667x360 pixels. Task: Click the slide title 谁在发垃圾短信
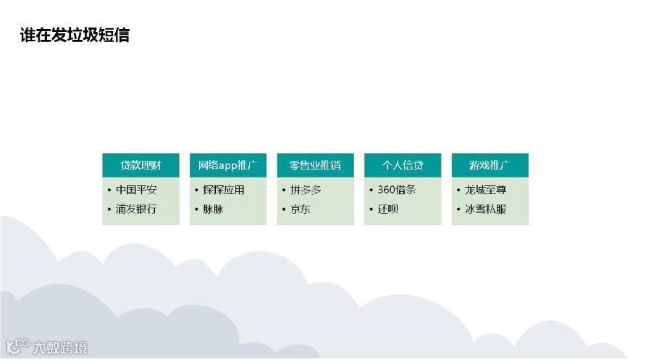pyautogui.click(x=75, y=35)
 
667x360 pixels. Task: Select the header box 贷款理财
pyautogui.click(x=140, y=165)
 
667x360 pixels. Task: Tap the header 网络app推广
pyautogui.click(x=227, y=165)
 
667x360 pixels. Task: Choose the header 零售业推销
pyautogui.click(x=315, y=165)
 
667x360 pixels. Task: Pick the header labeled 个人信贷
pyautogui.click(x=403, y=165)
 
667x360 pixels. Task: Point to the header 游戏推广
pyautogui.click(x=490, y=165)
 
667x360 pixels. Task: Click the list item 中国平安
pyautogui.click(x=136, y=191)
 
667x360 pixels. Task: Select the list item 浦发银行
pyautogui.click(x=136, y=209)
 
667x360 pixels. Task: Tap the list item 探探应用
pyautogui.click(x=223, y=191)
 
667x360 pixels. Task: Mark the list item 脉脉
pyautogui.click(x=213, y=209)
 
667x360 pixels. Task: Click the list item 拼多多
pyautogui.click(x=306, y=191)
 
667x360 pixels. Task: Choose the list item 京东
pyautogui.click(x=301, y=209)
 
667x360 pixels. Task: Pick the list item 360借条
pyautogui.click(x=397, y=191)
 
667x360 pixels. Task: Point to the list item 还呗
pyautogui.click(x=387, y=209)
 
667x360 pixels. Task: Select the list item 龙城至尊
pyautogui.click(x=484, y=191)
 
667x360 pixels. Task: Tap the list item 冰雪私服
pyautogui.click(x=484, y=209)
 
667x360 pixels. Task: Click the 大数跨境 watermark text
pyautogui.click(x=60, y=348)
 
